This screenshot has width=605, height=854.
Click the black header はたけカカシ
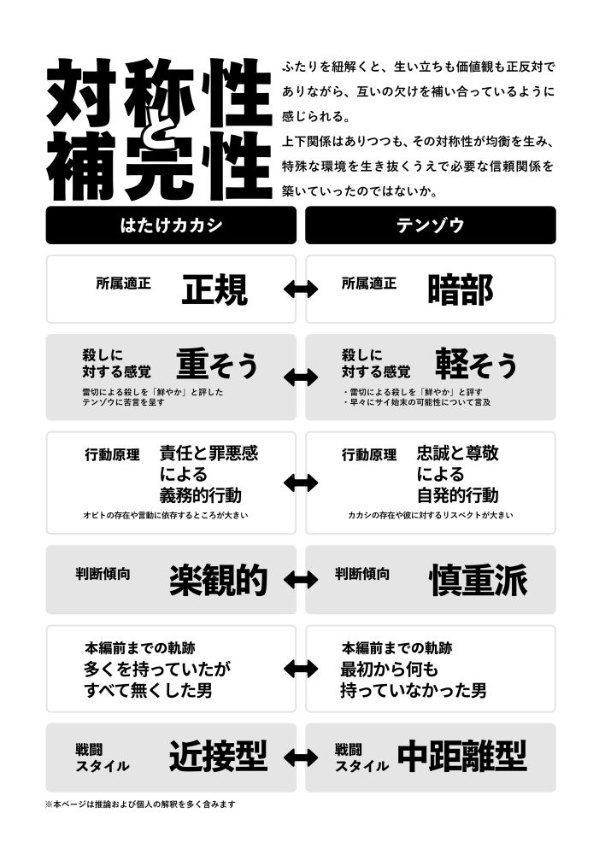[x=171, y=225]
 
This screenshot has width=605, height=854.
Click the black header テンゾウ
[x=431, y=225]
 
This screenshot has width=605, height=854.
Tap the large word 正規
[x=214, y=290]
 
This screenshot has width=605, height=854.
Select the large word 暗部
[x=461, y=290]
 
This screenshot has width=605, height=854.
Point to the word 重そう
[x=217, y=364]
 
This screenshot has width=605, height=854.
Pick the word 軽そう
[x=476, y=364]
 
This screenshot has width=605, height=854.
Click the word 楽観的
[x=218, y=580]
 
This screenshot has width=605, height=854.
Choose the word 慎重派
[x=478, y=580]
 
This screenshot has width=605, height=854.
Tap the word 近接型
[x=218, y=756]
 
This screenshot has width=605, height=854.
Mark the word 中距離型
[x=462, y=756]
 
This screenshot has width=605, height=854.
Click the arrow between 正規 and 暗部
[x=301, y=289]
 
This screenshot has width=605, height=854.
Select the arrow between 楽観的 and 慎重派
[x=301, y=580]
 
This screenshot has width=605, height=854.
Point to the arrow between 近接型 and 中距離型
[x=301, y=757]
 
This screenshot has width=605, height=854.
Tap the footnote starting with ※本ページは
[x=141, y=804]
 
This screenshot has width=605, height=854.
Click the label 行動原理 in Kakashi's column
[x=112, y=455]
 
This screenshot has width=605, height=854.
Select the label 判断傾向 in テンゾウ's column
[x=362, y=574]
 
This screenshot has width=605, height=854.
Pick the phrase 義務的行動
[x=201, y=495]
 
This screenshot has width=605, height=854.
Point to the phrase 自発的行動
[x=458, y=495]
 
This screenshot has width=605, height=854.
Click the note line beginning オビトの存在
[x=165, y=515]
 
